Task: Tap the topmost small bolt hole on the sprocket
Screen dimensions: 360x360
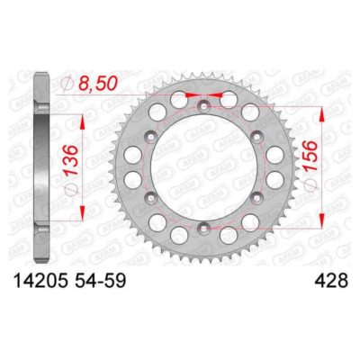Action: point(205,105)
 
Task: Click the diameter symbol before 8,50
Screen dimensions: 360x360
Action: point(63,83)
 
